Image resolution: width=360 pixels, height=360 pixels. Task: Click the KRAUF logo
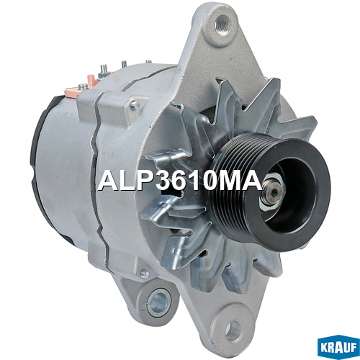(338, 347)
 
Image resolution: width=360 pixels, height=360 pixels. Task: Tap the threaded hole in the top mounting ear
(222, 24)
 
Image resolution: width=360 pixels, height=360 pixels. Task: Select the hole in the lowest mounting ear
(233, 330)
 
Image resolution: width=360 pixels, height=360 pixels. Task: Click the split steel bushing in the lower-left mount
(158, 302)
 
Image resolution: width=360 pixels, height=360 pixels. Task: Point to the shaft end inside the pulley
(274, 192)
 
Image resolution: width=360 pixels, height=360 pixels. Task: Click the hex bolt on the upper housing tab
(135, 105)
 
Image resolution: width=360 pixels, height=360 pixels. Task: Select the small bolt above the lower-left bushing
(144, 274)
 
